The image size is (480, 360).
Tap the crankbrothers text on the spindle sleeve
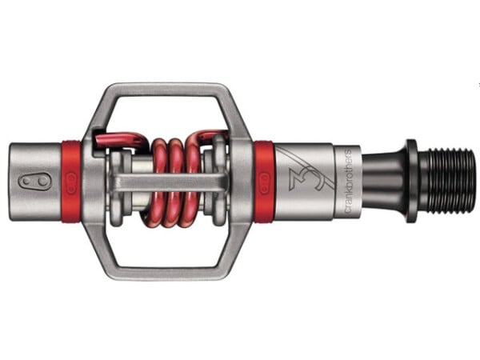point(348,182)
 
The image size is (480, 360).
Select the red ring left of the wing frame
point(71,182)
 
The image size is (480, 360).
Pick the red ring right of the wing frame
point(264,182)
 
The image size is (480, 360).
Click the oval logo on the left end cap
point(34,182)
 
